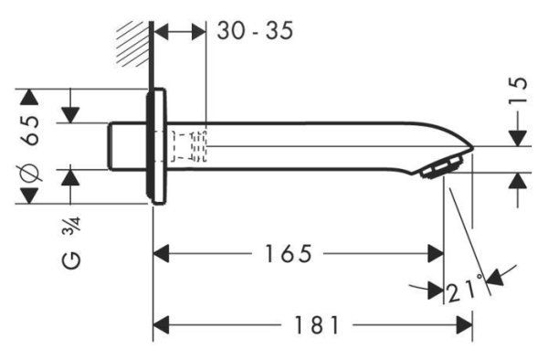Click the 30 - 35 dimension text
[x=255, y=31]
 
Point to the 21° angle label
[x=465, y=291]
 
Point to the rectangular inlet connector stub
[x=127, y=146]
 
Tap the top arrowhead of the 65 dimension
[x=31, y=98]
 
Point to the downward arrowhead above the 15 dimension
[x=517, y=137]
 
